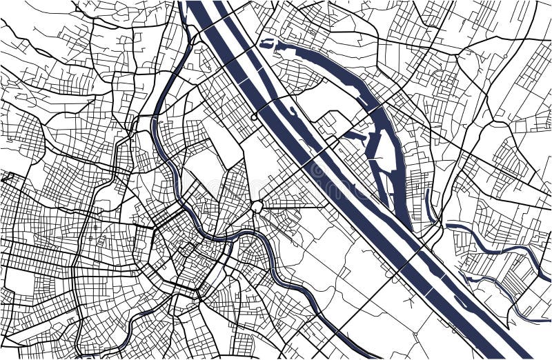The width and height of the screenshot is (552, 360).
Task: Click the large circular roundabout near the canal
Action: coord(257,206)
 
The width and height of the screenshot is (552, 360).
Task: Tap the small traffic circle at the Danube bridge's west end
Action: coord(254,117)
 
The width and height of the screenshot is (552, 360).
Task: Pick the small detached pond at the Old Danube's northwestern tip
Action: coord(266,44)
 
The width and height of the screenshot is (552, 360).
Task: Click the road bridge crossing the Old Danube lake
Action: coord(379,110)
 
